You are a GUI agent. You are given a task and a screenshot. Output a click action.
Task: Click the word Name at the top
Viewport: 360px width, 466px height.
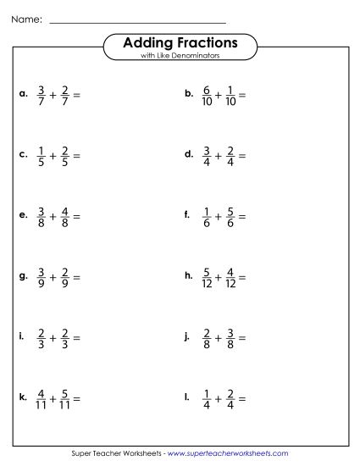tap(25, 18)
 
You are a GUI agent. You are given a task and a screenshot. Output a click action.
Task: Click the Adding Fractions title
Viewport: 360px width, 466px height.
tap(180, 42)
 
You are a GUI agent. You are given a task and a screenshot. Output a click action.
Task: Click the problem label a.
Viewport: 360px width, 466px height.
tap(22, 95)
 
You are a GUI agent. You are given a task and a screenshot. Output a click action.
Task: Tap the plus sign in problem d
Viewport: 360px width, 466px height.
tap(221, 156)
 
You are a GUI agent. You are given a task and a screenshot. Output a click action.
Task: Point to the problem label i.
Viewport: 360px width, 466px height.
tap(21, 336)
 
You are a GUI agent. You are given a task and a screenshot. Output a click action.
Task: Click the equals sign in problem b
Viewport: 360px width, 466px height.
tap(243, 97)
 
